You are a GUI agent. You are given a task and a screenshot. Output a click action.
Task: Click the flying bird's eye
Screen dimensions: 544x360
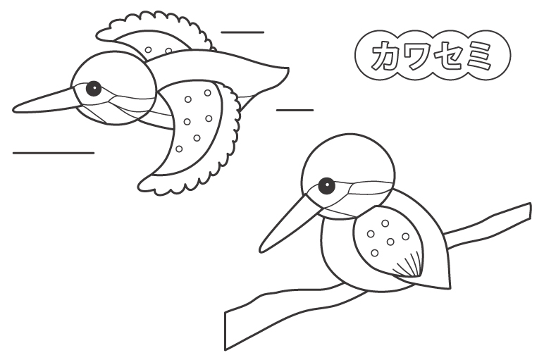pos(93,89)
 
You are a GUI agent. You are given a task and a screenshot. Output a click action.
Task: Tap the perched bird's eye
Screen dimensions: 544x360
pos(326,185)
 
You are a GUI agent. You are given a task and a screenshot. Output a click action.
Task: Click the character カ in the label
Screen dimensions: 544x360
pos(385,56)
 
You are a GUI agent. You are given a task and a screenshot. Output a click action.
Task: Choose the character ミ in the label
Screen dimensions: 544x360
pos(478,56)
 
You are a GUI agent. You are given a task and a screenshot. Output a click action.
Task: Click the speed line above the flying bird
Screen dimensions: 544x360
pos(242,32)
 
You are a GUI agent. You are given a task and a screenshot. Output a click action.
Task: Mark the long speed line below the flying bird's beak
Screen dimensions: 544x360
pos(54,153)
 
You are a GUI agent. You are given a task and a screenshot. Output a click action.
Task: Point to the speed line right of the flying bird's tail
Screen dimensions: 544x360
pos(295,111)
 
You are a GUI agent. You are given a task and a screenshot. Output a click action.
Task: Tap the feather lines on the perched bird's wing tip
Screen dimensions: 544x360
pos(409,266)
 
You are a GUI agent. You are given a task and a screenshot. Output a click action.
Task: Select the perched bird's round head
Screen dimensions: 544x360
pos(348,176)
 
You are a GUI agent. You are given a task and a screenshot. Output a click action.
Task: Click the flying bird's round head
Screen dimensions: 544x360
pos(113,88)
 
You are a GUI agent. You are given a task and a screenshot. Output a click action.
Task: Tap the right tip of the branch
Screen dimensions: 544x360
pos(530,211)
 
